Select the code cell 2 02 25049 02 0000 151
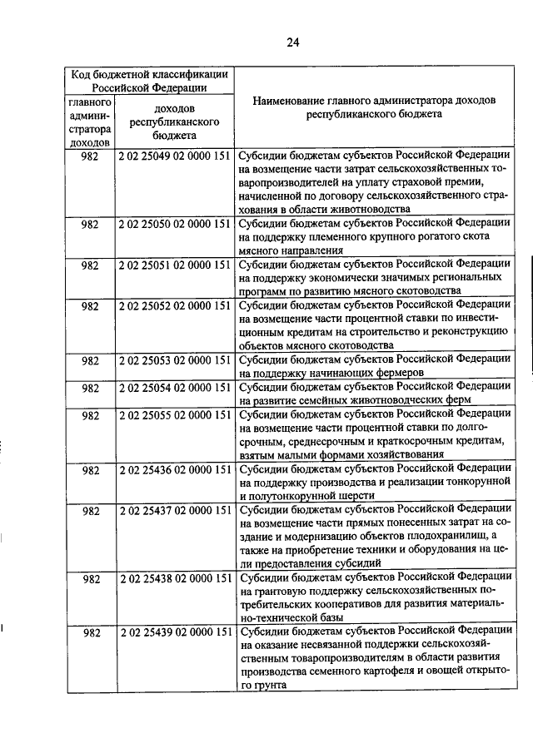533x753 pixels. (174, 156)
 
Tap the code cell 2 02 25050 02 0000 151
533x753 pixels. (174, 224)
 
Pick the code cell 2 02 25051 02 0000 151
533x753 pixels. (174, 265)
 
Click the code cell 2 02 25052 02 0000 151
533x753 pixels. (174, 306)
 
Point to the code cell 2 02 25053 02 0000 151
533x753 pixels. (174, 360)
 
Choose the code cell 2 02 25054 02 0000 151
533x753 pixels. (174, 388)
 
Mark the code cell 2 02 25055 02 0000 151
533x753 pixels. (174, 414)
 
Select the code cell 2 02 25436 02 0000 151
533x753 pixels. (174, 469)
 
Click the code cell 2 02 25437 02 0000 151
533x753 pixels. (174, 509)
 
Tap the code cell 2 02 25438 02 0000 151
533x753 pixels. (174, 577)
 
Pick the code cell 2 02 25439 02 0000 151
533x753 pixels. (174, 632)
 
